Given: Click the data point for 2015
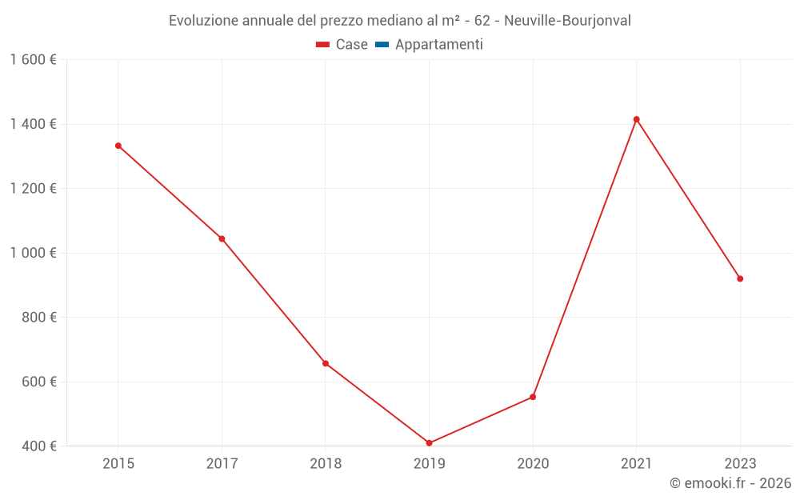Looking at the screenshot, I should [118, 146].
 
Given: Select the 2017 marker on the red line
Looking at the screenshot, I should [222, 238].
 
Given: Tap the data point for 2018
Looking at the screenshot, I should [326, 363].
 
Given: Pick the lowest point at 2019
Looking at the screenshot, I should [430, 443].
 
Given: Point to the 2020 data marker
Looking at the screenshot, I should [533, 397].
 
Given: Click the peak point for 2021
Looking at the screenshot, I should [637, 119].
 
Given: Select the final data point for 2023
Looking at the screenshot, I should [740, 278].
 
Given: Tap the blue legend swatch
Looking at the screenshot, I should [382, 45].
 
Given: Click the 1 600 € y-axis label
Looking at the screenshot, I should [34, 60].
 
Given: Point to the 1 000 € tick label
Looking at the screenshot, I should [34, 253].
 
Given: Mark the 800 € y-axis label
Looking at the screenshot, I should [39, 318].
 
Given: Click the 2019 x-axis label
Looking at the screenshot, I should [430, 463].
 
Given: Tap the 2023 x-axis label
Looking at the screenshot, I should [740, 463].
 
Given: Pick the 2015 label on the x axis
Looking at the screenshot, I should [118, 463].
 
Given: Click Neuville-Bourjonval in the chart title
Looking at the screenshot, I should [567, 21].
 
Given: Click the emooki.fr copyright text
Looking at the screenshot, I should [730, 483].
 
